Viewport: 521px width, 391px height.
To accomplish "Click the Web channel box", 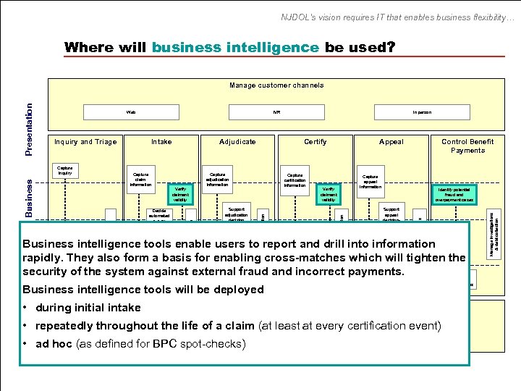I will pyautogui.click(x=131, y=112).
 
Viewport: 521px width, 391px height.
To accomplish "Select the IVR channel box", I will pyautogui.click(x=276, y=112).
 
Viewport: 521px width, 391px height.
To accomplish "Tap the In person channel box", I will pyautogui.click(x=422, y=112).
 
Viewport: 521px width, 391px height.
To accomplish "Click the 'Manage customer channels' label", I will pyautogui.click(x=276, y=85).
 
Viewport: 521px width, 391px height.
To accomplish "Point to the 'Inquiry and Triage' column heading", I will pyautogui.click(x=85, y=142).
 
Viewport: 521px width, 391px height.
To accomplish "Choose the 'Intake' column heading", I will pyautogui.click(x=161, y=142).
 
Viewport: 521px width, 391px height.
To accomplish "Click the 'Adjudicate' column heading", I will pyautogui.click(x=237, y=142).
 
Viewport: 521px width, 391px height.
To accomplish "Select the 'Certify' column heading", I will pyautogui.click(x=315, y=142).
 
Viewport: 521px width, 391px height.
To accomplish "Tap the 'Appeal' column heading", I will pyautogui.click(x=391, y=142).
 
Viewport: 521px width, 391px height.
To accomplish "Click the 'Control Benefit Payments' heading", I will pyautogui.click(x=467, y=146).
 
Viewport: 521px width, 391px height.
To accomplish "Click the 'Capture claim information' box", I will pyautogui.click(x=140, y=180).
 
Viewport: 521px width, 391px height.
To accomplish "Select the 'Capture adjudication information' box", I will pyautogui.click(x=217, y=180).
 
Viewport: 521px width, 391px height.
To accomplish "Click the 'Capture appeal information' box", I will pyautogui.click(x=370, y=181).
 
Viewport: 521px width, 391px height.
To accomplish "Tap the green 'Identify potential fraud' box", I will pyautogui.click(x=454, y=194).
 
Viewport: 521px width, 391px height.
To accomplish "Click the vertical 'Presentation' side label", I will pyautogui.click(x=29, y=128).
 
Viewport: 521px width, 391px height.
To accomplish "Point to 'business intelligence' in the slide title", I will pyautogui.click(x=235, y=48).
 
